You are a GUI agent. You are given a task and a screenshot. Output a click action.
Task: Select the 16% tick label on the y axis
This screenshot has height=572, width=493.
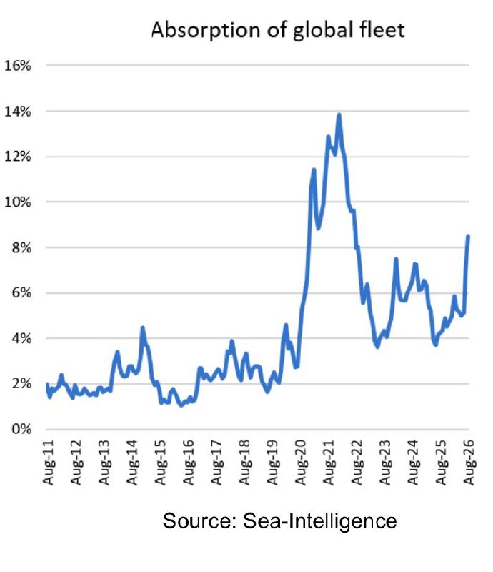coord(17,66)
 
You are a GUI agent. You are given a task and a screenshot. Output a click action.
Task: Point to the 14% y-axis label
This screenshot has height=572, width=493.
coord(17,112)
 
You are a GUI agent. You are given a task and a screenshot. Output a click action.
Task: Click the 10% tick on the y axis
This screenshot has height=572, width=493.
coord(17,202)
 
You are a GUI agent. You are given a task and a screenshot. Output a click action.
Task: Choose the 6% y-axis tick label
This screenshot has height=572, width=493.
coord(21,292)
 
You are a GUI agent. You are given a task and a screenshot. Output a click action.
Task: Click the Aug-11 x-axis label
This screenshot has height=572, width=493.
coord(48,462)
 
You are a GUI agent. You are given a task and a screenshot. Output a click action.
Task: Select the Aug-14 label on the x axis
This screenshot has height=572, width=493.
coord(132,462)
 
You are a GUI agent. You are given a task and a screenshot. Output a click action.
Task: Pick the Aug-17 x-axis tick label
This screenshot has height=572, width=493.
coord(216,462)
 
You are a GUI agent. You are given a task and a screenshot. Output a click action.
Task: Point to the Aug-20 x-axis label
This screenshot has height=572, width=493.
coord(301,462)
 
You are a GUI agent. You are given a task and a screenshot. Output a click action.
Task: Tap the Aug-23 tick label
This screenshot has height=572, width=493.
coord(385,462)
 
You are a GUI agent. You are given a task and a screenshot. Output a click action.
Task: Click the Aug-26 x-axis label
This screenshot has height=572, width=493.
coord(469,462)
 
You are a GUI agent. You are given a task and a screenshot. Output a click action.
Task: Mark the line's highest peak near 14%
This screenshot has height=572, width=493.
coord(339,115)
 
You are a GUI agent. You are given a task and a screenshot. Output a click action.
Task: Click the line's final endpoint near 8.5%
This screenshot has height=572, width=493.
coord(468,236)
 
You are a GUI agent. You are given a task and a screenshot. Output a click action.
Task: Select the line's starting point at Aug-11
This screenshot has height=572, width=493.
coord(47,384)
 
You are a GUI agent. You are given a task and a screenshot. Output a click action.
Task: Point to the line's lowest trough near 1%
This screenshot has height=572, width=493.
coord(181,405)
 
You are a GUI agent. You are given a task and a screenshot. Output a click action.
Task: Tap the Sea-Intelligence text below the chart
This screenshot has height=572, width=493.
coord(320,522)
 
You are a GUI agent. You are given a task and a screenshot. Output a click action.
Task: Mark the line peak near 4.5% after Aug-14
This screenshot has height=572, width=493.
coord(143,328)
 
